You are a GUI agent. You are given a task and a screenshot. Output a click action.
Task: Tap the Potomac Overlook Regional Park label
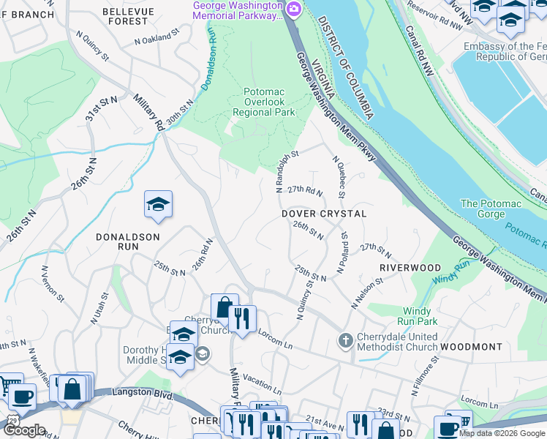263,102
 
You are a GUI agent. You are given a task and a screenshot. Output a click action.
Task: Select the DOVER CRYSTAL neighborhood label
324,213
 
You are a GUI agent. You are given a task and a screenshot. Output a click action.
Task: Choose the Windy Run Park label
417,315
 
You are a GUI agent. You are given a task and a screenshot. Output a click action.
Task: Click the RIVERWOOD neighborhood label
410,269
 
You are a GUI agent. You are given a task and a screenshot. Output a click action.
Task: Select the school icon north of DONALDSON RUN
158,206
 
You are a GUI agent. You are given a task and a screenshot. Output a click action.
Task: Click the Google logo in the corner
23,430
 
